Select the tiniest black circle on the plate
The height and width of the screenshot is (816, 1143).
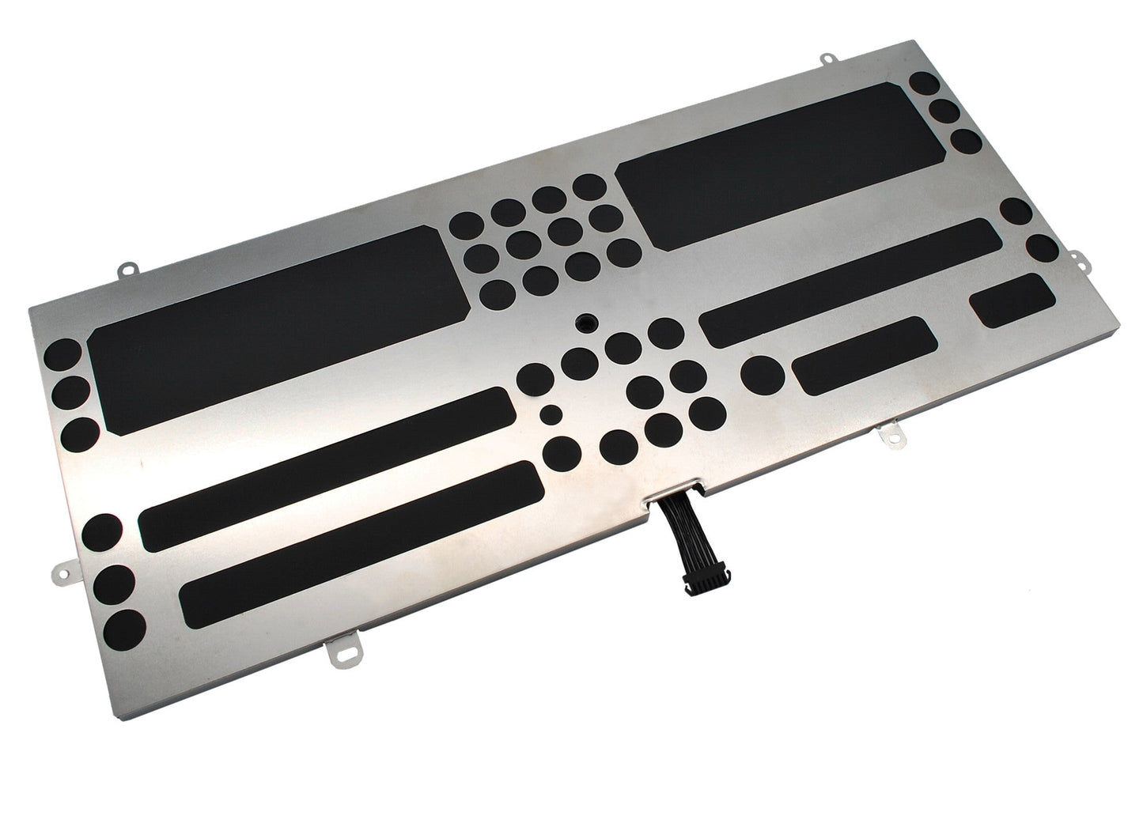(551, 414)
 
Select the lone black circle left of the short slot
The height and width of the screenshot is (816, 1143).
(763, 373)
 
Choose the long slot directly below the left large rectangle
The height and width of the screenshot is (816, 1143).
(326, 469)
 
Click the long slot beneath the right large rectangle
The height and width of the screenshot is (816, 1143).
(849, 281)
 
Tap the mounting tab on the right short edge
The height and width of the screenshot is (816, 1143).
(1078, 255)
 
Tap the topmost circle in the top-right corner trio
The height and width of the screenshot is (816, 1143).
(924, 85)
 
